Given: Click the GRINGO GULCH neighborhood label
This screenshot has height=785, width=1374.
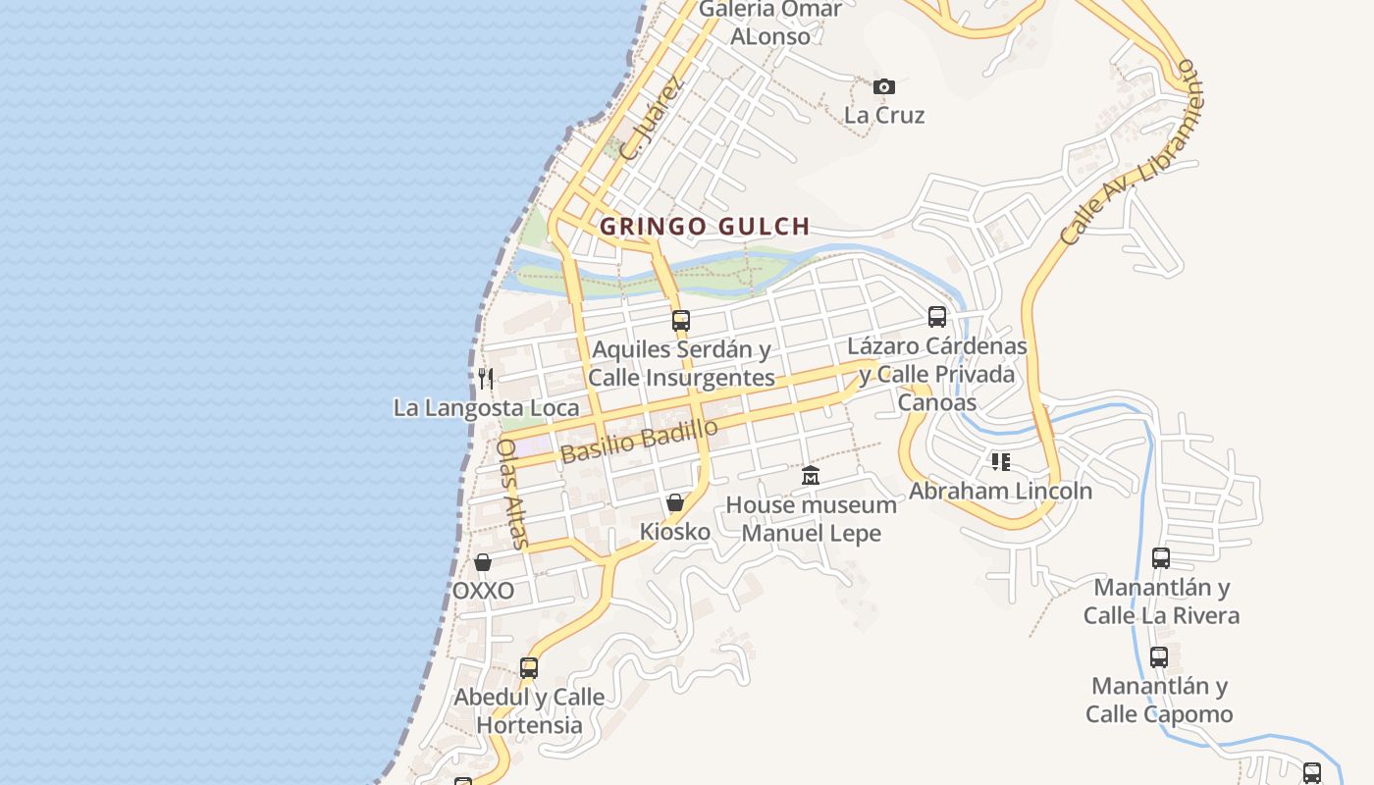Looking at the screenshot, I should click(x=705, y=227).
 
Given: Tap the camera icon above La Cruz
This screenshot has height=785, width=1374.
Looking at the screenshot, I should click(x=884, y=86).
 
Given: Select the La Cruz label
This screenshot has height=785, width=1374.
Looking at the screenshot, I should click(x=884, y=115).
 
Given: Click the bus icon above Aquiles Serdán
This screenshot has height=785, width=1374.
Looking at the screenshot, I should click(x=681, y=320).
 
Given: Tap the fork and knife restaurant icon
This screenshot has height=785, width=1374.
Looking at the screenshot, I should click(x=485, y=378).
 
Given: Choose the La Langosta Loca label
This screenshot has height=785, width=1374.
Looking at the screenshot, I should click(x=486, y=407).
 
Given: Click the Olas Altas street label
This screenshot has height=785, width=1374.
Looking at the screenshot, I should click(x=512, y=493).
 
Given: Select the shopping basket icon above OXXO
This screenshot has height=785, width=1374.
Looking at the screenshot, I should click(x=483, y=562).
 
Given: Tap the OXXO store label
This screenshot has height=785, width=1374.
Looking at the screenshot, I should click(x=483, y=591).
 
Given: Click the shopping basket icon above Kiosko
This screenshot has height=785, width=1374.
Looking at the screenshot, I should click(x=675, y=502).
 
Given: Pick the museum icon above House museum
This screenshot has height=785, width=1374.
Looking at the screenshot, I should click(x=811, y=476).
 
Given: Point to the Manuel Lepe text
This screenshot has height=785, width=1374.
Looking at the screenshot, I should click(x=811, y=534).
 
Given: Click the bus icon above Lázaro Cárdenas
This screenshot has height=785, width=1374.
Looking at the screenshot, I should click(x=937, y=317).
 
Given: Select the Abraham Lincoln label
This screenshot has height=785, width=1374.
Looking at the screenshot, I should click(x=1000, y=491).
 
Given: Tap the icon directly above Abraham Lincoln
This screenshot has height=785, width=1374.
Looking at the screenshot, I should click(x=1000, y=461).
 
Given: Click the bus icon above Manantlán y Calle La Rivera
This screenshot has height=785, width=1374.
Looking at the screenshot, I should click(x=1161, y=558).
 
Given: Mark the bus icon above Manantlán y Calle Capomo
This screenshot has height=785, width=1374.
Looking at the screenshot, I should click(x=1159, y=656).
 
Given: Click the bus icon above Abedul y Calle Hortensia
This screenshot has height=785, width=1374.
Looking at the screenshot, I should click(x=529, y=668).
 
